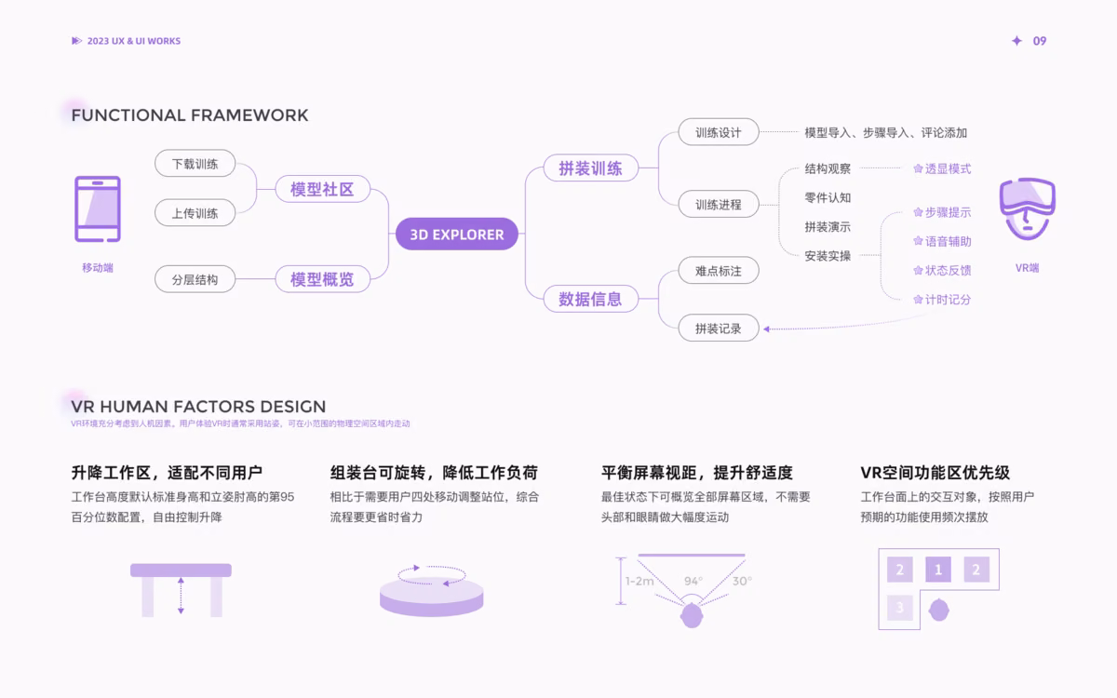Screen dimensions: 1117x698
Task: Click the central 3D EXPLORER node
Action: [x=457, y=234]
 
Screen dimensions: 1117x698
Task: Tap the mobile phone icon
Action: [x=98, y=208]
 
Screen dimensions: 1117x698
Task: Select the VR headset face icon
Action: [x=1028, y=208]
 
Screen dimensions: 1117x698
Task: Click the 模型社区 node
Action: [x=323, y=189]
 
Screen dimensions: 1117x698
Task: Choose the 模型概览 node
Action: [x=323, y=278]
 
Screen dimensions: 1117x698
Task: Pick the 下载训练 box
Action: [x=195, y=164]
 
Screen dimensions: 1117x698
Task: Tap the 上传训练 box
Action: [x=195, y=213]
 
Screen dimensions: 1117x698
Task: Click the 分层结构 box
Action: [x=195, y=279]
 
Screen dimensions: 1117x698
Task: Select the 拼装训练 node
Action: [x=591, y=168]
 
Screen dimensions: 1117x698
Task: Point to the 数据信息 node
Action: [x=591, y=299]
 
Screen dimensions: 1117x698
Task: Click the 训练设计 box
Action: [x=719, y=132]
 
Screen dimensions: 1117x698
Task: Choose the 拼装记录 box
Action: [x=719, y=328]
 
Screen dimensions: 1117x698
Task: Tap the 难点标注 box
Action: [x=719, y=271]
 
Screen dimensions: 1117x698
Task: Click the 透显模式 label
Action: [x=942, y=169]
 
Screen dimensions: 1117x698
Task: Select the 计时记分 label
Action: [x=942, y=300]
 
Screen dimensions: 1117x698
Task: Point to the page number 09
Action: [x=1040, y=41]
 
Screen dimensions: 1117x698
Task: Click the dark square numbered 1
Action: [x=938, y=570]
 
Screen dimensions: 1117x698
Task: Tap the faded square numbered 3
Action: [x=900, y=607]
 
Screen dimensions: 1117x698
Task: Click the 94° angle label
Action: [x=693, y=581]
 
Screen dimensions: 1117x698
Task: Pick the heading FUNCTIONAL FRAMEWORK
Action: [x=190, y=115]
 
